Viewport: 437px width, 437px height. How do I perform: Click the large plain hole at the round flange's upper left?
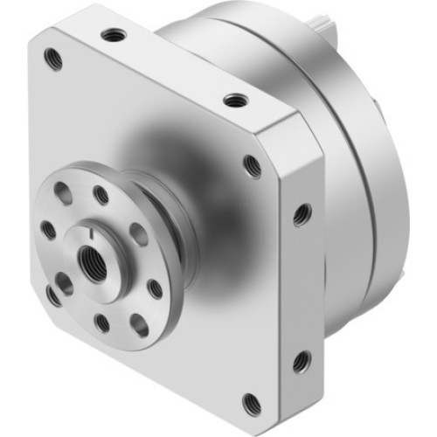[x=63, y=193]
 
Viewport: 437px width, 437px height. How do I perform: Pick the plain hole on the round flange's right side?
[x=138, y=234]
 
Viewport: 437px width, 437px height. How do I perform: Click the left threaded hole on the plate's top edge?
[x=112, y=35]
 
